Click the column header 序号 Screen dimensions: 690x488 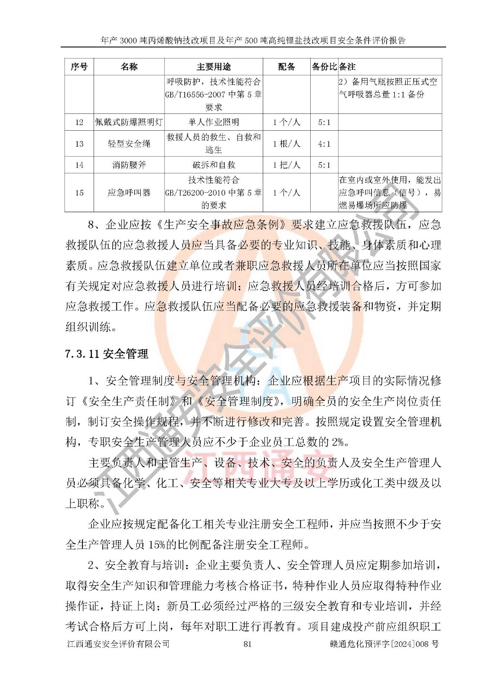click(x=79, y=67)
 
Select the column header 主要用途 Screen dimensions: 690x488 click(x=214, y=67)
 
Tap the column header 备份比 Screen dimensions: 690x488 click(x=324, y=67)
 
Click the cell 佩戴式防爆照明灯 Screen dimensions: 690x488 click(x=129, y=122)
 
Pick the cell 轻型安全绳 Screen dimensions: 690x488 click(x=129, y=144)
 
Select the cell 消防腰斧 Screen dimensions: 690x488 click(x=129, y=165)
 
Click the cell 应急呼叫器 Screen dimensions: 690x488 click(x=129, y=193)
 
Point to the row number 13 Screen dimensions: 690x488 click(x=79, y=144)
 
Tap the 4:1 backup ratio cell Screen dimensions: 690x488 click(x=324, y=144)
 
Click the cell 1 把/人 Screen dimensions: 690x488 click(x=287, y=165)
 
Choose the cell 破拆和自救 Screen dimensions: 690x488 click(x=214, y=165)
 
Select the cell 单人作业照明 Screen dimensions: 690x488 click(x=214, y=122)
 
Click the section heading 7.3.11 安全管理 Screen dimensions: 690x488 click(x=107, y=354)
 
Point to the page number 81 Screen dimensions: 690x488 click(x=247, y=644)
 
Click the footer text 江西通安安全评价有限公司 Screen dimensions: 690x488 click(x=118, y=644)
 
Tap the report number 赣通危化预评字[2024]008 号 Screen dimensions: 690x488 click(x=384, y=644)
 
